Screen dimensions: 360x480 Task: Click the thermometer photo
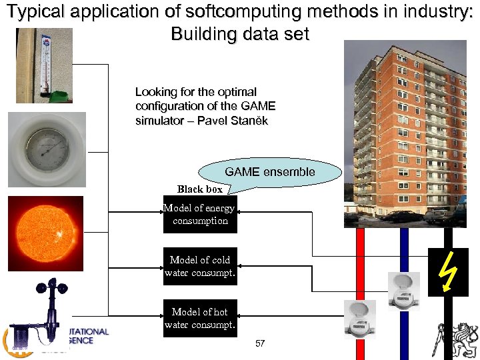coord(44,65)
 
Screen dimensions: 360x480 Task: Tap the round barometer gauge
coord(47,150)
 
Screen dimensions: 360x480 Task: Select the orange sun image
coord(45,233)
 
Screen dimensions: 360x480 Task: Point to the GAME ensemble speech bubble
coord(269,172)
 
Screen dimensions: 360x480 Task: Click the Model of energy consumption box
coord(200,214)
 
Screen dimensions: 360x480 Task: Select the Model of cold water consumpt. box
coord(200,266)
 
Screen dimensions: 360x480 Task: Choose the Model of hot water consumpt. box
coord(200,318)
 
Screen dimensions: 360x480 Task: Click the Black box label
coord(199,189)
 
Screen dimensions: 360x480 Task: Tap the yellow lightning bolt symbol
coord(447,272)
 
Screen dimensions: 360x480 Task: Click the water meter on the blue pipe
coord(403,291)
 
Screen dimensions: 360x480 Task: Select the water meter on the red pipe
coord(359,319)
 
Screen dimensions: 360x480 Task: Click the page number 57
coord(260,344)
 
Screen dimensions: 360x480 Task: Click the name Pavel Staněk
coord(233,121)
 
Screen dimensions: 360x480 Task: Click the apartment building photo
coord(405,133)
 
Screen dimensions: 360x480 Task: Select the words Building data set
coord(240,34)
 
